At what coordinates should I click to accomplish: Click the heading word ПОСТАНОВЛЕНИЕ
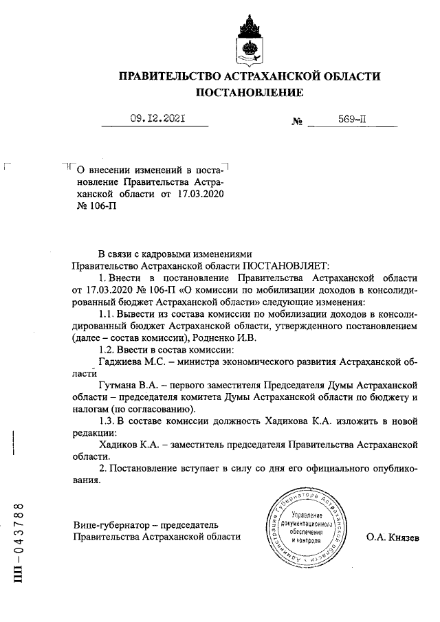250,92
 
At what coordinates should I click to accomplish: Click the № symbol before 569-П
298,122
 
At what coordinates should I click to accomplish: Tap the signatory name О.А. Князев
393,536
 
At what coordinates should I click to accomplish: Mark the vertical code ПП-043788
20,543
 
